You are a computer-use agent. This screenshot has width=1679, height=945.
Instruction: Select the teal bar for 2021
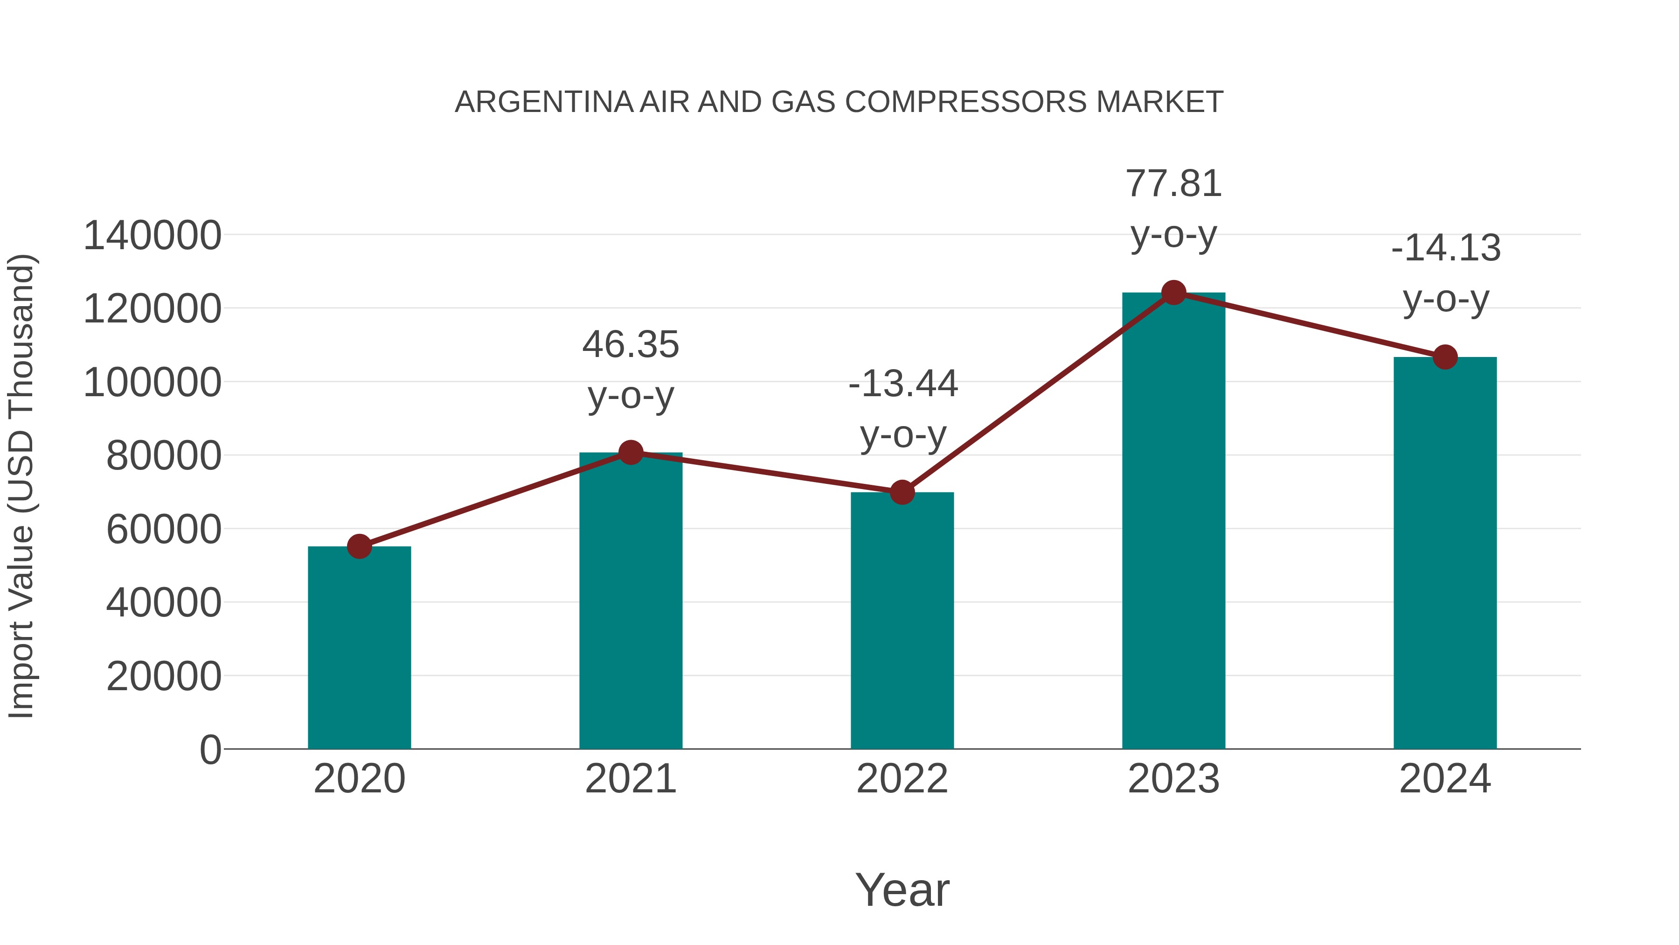(630, 600)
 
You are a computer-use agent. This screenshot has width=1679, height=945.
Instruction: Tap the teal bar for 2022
(902, 620)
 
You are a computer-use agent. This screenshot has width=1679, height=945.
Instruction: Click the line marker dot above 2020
(359, 546)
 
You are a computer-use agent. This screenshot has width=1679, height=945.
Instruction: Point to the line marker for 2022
(902, 492)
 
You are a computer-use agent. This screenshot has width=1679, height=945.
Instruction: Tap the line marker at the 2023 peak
(1173, 293)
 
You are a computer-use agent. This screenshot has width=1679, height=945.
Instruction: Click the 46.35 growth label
(630, 344)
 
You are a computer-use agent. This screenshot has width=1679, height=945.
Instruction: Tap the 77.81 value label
(1173, 184)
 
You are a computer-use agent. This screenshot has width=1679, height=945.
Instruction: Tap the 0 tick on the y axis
(210, 749)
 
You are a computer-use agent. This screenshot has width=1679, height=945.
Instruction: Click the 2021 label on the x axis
(630, 779)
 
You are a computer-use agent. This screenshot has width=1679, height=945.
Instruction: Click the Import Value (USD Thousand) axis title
(21, 486)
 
